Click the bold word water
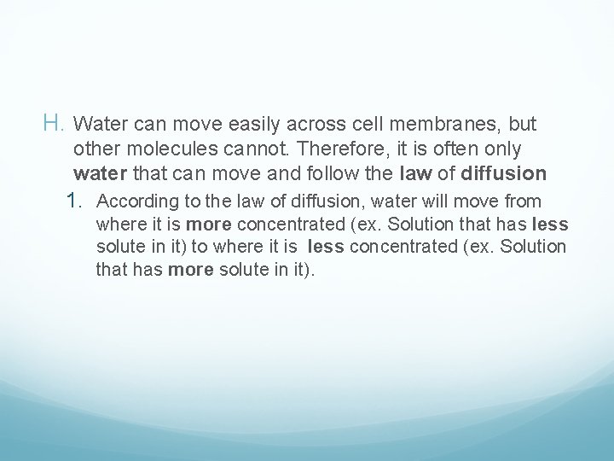pos(99,174)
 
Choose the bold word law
pos(416,174)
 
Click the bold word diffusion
pos(503,174)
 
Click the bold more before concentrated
pos(209,225)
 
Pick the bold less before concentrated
pos(326,248)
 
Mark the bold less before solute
pos(550,225)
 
